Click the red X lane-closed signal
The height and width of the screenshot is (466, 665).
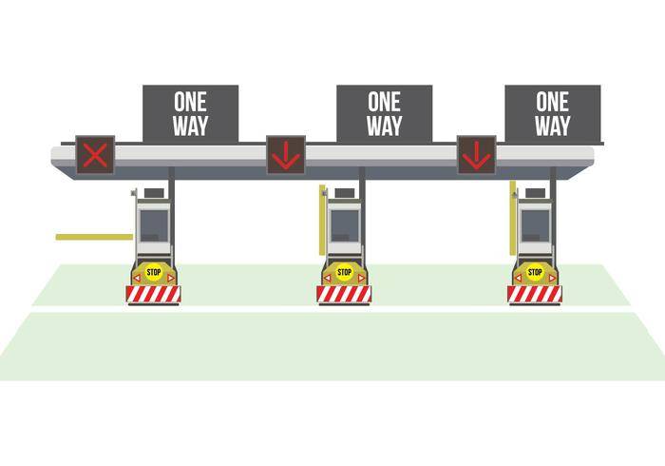tap(95, 154)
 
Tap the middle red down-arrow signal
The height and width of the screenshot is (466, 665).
tap(285, 154)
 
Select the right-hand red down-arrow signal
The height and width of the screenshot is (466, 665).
tap(477, 154)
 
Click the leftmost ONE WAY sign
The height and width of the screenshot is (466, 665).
tap(190, 113)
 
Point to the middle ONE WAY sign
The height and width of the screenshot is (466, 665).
tap(384, 113)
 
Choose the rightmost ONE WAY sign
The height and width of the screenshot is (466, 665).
tap(552, 113)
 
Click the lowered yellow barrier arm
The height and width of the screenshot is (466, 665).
tap(93, 237)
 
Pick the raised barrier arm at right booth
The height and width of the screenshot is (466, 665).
tap(513, 218)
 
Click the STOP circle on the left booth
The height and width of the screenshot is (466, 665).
tap(154, 273)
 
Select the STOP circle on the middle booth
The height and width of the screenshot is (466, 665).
tap(344, 273)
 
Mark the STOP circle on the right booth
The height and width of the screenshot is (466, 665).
tap(535, 273)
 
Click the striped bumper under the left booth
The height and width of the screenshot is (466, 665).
tap(154, 295)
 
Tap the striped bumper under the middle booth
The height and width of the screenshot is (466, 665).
tap(344, 295)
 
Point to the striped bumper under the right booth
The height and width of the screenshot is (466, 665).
tap(535, 295)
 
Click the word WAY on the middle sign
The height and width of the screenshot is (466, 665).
tap(384, 126)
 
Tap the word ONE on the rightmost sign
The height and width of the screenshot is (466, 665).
tap(552, 101)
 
